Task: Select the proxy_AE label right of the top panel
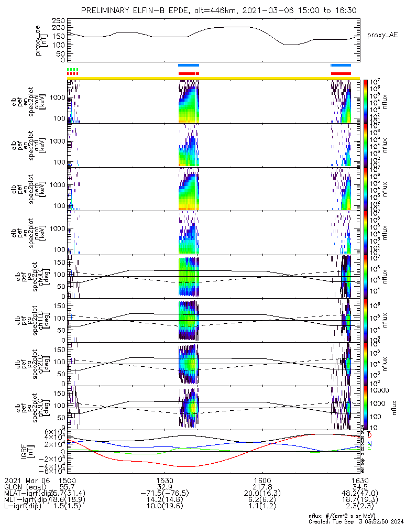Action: point(382,35)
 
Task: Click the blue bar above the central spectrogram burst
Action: point(189,65)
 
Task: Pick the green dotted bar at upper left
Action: point(73,69)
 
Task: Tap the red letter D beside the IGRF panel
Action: point(370,435)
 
